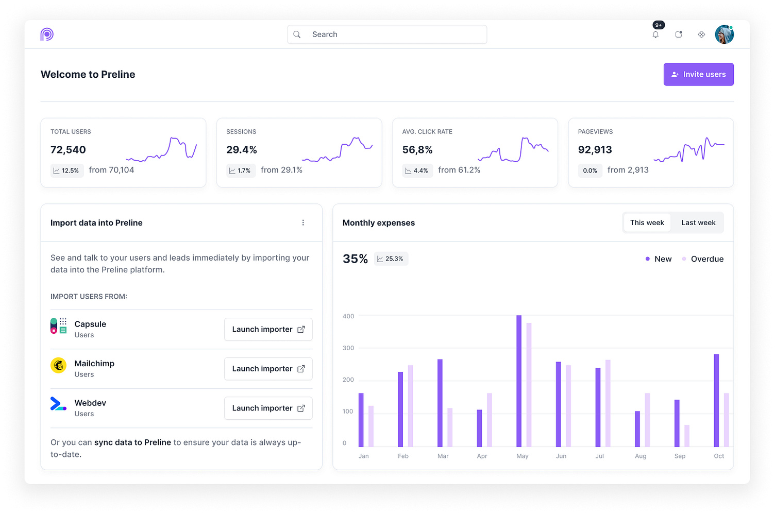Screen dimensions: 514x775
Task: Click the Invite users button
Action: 698,74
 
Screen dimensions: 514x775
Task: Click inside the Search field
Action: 387,35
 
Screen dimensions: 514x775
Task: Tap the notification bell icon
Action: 655,35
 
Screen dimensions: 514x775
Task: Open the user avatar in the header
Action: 724,35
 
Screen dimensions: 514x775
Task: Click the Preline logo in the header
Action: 47,35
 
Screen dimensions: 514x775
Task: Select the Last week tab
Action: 698,222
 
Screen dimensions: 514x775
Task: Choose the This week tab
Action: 647,222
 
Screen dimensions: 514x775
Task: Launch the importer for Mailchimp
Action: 268,369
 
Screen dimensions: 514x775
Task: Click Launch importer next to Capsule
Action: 268,330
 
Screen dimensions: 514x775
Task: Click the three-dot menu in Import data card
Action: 303,222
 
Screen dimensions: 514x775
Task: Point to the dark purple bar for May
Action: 519,381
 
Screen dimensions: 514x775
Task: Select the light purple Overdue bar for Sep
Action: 687,436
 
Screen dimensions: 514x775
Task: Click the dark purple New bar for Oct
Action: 716,400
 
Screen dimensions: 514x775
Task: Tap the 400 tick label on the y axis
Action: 348,316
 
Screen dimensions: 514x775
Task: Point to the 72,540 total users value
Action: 68,150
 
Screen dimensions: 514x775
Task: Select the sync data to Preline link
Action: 132,442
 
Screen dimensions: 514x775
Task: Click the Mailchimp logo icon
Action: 58,365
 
